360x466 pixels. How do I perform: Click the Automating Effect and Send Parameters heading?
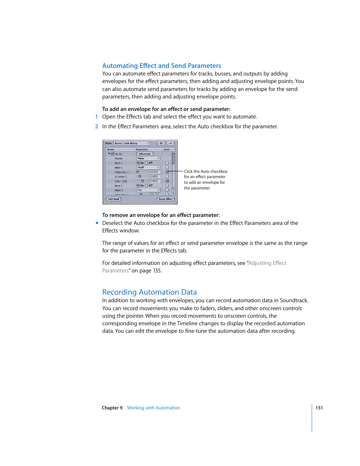pos(162,66)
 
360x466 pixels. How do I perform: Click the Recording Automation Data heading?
pos(149,292)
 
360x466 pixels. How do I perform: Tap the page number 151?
pos(319,408)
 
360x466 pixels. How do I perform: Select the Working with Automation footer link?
pos(153,408)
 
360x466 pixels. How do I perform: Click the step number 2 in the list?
pos(97,126)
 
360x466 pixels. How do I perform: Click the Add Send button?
pos(113,199)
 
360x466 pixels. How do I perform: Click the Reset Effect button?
pos(166,199)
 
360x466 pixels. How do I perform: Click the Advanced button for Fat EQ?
pos(145,154)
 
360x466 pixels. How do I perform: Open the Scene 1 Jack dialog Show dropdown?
pos(132,143)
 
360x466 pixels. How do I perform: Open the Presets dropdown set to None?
pos(148,158)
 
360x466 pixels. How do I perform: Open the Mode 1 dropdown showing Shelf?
pos(148,168)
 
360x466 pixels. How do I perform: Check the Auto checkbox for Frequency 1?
pos(167,172)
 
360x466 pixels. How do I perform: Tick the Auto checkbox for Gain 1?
pos(167,181)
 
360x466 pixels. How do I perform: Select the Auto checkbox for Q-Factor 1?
pos(167,177)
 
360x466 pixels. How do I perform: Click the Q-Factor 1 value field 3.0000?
pos(155,177)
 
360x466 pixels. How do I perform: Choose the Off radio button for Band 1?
pos(147,163)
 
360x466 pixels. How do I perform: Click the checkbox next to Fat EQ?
pos(112,154)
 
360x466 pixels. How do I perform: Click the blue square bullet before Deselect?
pos(97,223)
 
